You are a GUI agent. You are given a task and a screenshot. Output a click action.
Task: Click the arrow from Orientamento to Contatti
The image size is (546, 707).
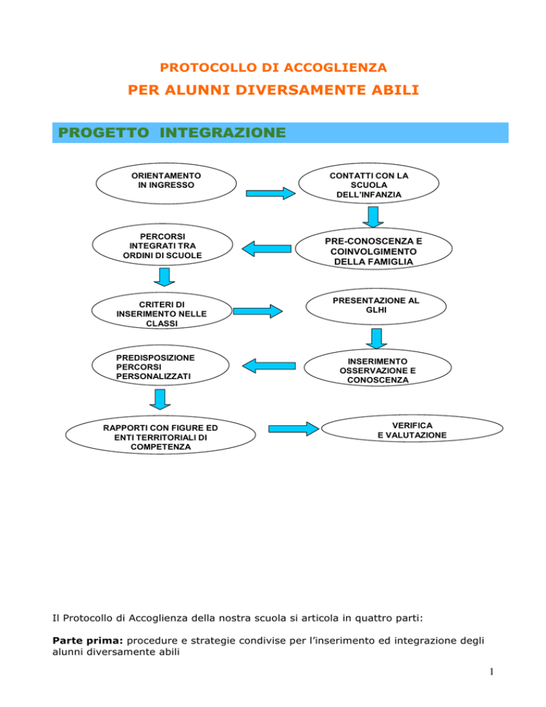pyautogui.click(x=271, y=193)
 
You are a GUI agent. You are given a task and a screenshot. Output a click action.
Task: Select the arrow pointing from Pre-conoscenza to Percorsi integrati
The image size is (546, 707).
pyautogui.click(x=267, y=249)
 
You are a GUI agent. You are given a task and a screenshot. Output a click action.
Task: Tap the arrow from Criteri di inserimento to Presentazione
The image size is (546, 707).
pyautogui.click(x=258, y=311)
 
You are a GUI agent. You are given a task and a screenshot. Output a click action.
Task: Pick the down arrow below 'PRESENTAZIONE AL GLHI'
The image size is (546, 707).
pyautogui.click(x=377, y=339)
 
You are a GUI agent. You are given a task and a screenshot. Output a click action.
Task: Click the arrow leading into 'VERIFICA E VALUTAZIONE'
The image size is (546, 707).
pyautogui.click(x=294, y=429)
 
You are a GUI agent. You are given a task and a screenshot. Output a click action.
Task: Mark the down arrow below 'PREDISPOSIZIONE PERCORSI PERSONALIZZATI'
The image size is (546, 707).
pyautogui.click(x=160, y=400)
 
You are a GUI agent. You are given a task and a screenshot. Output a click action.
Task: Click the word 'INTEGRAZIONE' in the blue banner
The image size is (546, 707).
pyautogui.click(x=223, y=132)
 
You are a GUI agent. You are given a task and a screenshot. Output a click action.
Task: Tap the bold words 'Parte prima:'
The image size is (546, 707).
pyautogui.click(x=87, y=640)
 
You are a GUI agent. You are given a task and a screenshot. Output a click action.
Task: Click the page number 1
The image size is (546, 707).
pyautogui.click(x=491, y=672)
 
